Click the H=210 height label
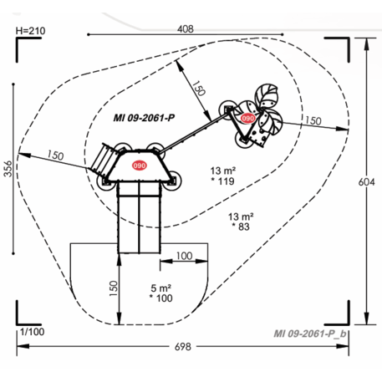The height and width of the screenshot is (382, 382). coord(30,31)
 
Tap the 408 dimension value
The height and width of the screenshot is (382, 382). coord(186,28)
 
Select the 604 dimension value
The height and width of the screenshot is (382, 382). coord(366,182)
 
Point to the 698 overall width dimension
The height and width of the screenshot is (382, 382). coord(183,347)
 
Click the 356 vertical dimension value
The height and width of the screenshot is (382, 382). coord(8,169)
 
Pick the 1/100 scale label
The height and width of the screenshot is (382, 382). coord(33,332)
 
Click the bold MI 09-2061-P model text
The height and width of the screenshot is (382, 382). coord(144,118)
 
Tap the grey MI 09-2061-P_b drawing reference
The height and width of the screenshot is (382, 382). coord(310,334)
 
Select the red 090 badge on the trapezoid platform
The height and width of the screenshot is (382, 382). coord(139,166)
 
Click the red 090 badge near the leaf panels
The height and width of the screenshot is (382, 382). coord(247,119)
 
